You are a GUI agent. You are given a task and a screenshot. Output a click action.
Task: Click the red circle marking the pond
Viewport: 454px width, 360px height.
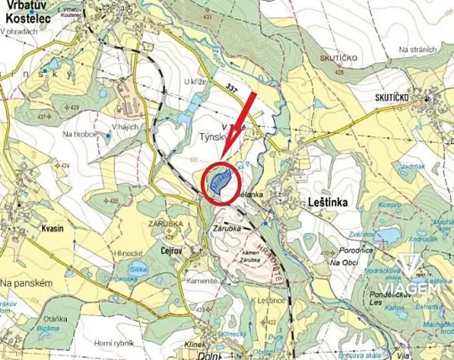pyautogui.click(x=220, y=183)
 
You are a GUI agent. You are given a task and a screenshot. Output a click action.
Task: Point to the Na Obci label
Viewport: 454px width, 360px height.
pyautogui.click(x=346, y=263)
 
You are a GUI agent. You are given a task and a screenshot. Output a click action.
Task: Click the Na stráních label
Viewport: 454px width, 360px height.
pyautogui.click(x=416, y=50)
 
